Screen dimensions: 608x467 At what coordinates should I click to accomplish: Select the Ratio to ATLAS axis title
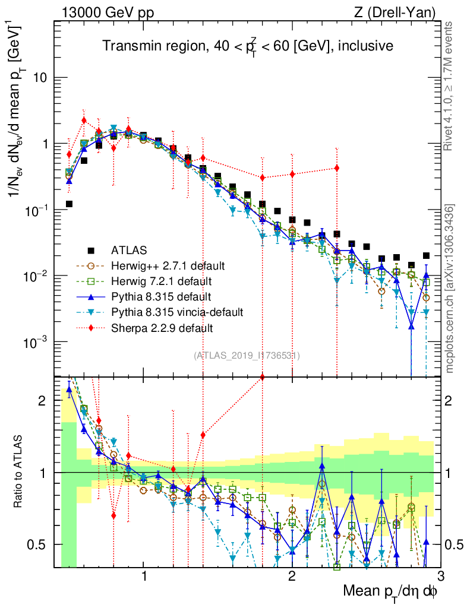20,472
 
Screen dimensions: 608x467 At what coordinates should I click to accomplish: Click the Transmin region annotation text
247,46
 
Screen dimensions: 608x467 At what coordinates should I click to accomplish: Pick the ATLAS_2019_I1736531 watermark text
247,356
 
